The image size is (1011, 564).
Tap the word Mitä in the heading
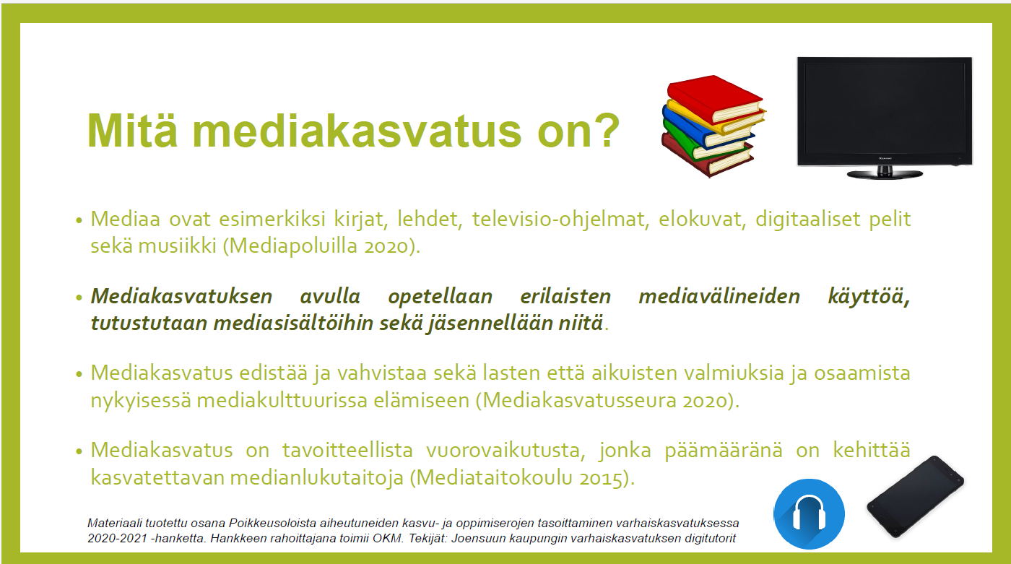click(x=132, y=130)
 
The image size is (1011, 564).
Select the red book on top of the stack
click(x=715, y=99)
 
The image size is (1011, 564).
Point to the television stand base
click(x=885, y=174)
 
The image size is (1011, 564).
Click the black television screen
click(x=885, y=111)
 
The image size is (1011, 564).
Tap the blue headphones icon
click(x=809, y=514)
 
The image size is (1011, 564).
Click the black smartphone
click(x=916, y=497)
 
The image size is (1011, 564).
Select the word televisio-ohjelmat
click(x=560, y=220)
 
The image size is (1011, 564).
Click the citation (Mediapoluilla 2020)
click(x=322, y=246)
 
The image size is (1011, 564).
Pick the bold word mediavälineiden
click(x=719, y=296)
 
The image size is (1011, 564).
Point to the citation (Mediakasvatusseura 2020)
click(x=608, y=401)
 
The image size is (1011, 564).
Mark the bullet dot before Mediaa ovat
click(x=79, y=221)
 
